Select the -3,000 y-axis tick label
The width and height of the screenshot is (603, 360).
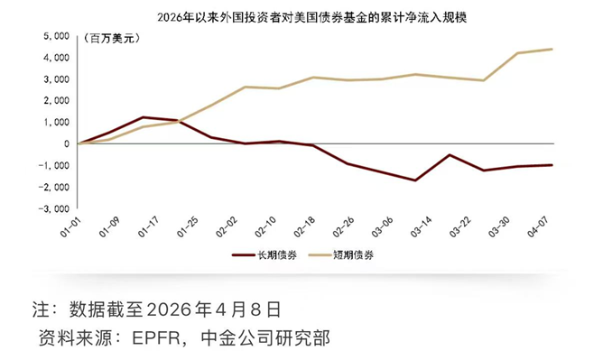pyautogui.click(x=56, y=208)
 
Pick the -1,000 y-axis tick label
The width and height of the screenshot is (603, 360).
pyautogui.click(x=56, y=165)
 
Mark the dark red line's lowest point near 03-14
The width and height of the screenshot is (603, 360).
pyautogui.click(x=414, y=180)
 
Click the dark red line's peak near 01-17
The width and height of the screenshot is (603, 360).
pyautogui.click(x=143, y=117)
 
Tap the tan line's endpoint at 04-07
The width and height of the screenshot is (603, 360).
pyautogui.click(x=552, y=49)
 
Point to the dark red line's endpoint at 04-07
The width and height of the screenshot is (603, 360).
pyautogui.click(x=552, y=165)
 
